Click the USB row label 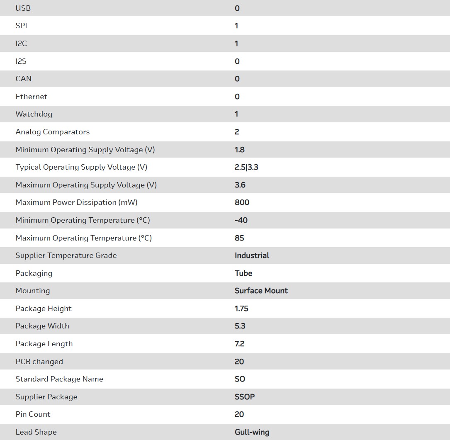click(23, 8)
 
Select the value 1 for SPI click(236, 26)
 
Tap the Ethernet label click(32, 97)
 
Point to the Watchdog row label click(34, 114)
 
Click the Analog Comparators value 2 click(237, 132)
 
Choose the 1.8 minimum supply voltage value click(240, 150)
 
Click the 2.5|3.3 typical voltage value click(246, 167)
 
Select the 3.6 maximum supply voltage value click(240, 185)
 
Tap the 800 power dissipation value click(242, 202)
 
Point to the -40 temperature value click(241, 220)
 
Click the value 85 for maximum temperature click(239, 238)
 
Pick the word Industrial click(252, 255)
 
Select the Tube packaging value click(243, 273)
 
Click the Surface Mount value click(261, 291)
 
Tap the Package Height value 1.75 click(241, 309)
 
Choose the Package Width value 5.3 click(240, 326)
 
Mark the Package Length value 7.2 click(240, 344)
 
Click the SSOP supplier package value click(245, 397)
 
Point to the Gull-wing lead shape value click(252, 432)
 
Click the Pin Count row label click(33, 414)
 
